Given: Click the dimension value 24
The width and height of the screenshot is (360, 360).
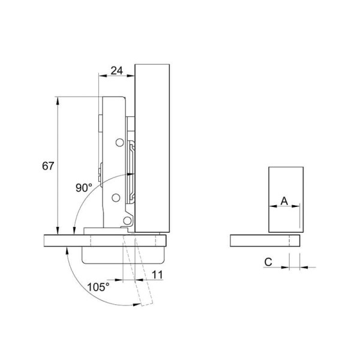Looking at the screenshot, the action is click(117, 70).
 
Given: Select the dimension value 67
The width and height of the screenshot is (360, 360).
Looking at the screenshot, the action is click(48, 166).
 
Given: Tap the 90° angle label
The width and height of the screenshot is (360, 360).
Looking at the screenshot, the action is click(84, 188).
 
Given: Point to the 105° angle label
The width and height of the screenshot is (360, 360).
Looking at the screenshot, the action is click(98, 287).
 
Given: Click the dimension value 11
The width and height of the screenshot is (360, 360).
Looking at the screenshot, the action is click(157, 275).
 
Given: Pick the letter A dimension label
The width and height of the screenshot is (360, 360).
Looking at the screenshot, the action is click(284, 201).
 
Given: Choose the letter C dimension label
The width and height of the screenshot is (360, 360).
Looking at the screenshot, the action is click(268, 262).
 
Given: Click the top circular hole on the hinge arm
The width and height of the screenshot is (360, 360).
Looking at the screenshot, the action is click(119, 143).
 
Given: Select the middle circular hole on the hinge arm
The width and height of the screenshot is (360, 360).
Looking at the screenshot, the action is click(116, 197).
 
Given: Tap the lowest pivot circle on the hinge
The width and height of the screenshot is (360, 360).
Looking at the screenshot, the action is click(127, 221).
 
